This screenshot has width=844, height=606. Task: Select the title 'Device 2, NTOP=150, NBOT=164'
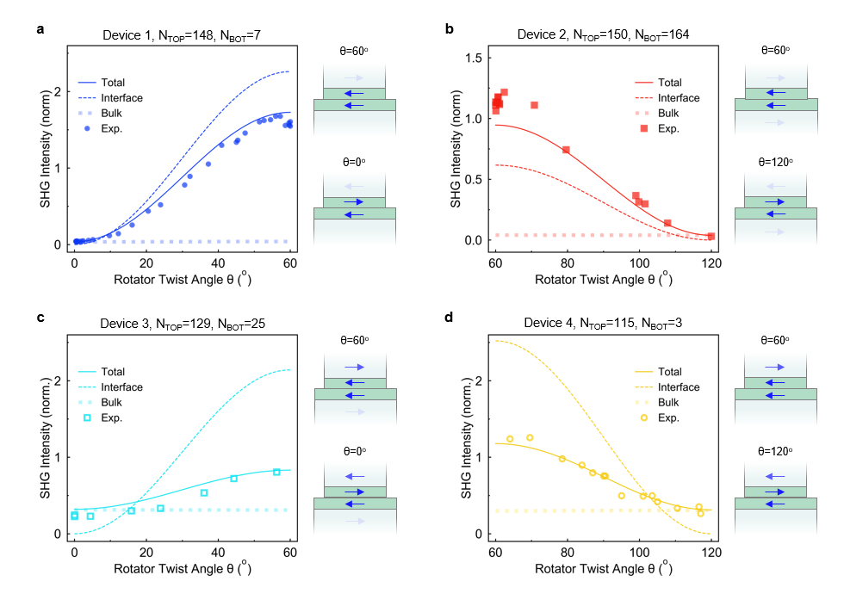(602, 34)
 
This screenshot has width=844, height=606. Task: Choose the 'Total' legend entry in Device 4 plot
(670, 372)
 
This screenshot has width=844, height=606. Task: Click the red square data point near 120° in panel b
(711, 236)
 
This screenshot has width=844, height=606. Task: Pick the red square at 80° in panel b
(566, 150)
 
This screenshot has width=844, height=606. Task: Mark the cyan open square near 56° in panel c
(276, 472)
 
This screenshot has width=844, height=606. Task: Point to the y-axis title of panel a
(45, 147)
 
